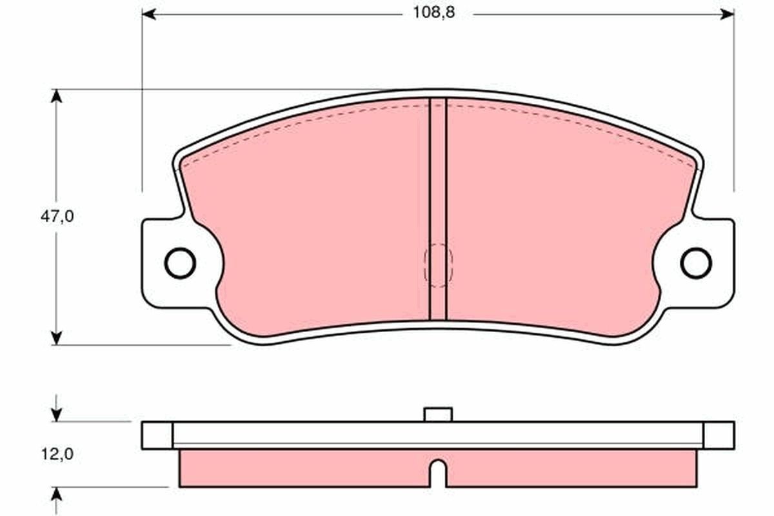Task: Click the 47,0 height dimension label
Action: tap(57, 217)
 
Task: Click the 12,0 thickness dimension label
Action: tap(57, 455)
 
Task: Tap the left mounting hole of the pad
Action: tap(180, 263)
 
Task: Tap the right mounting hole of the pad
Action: tap(696, 263)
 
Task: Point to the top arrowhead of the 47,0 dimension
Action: tap(57, 95)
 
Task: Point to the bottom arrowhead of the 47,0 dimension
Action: tap(57, 337)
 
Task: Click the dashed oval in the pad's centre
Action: tap(438, 265)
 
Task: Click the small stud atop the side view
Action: tap(438, 414)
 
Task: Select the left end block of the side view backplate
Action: tap(157, 435)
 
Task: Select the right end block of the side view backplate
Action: tap(719, 435)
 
